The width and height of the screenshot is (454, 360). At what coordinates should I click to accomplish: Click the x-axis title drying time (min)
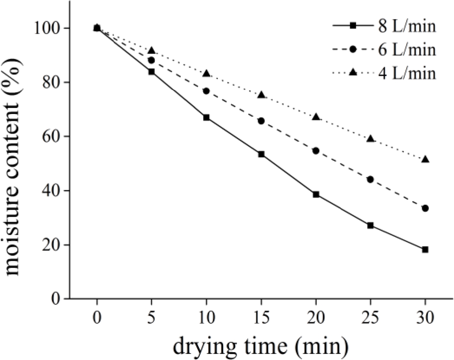tap(261, 345)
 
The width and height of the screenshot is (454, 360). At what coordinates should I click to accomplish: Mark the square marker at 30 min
tap(425, 249)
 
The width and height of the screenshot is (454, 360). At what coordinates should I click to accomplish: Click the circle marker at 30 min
tap(425, 208)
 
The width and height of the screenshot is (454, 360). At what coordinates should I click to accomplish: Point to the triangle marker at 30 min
tap(425, 159)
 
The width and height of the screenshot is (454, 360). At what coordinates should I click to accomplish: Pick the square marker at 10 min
tap(206, 118)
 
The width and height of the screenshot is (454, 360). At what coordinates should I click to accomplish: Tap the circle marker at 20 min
tap(316, 151)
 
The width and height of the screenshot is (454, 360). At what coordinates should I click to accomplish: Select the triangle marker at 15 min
tap(261, 94)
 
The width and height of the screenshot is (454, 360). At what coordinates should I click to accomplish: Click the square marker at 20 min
tap(316, 194)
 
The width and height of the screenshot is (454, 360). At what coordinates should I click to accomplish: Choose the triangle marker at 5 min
tap(151, 51)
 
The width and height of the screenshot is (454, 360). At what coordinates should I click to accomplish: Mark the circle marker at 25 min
tap(370, 179)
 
